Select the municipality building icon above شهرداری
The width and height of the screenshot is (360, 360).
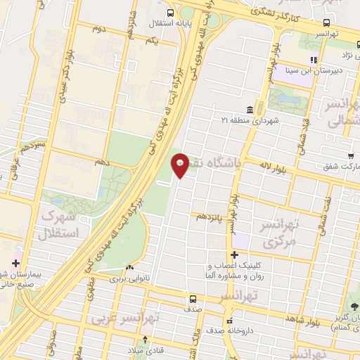[251, 109]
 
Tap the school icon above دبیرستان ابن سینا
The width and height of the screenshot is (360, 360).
[314, 60]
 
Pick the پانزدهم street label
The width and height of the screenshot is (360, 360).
[210, 215]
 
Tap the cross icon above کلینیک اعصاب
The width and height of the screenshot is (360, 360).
[234, 255]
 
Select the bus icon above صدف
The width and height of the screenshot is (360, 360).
[193, 299]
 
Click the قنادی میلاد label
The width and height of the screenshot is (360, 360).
[145, 350]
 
